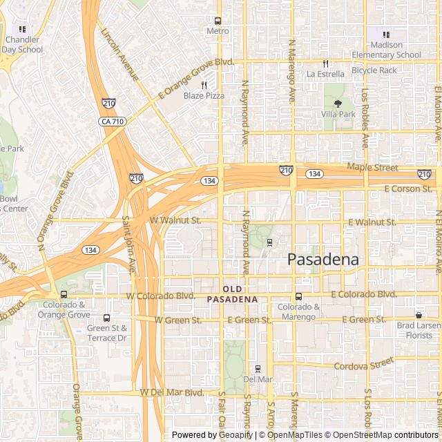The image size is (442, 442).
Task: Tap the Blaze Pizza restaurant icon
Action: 204,85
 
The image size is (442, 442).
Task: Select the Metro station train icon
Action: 218,21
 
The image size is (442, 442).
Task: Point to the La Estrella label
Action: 325,74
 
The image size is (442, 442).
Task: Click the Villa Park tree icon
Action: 338,103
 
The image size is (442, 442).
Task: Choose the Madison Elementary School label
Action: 386,50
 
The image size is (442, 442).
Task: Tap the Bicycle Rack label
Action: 374,70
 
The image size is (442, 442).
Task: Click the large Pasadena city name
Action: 323,260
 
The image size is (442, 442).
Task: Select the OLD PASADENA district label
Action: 232,294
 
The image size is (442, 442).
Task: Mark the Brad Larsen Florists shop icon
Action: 419,315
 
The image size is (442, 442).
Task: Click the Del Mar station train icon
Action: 258,369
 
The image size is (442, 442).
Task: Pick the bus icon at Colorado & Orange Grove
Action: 64,294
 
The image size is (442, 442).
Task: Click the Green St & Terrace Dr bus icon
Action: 106,318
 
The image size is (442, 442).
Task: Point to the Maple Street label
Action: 372,167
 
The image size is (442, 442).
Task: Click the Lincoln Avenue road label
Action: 119,54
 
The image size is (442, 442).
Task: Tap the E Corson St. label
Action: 407,189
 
